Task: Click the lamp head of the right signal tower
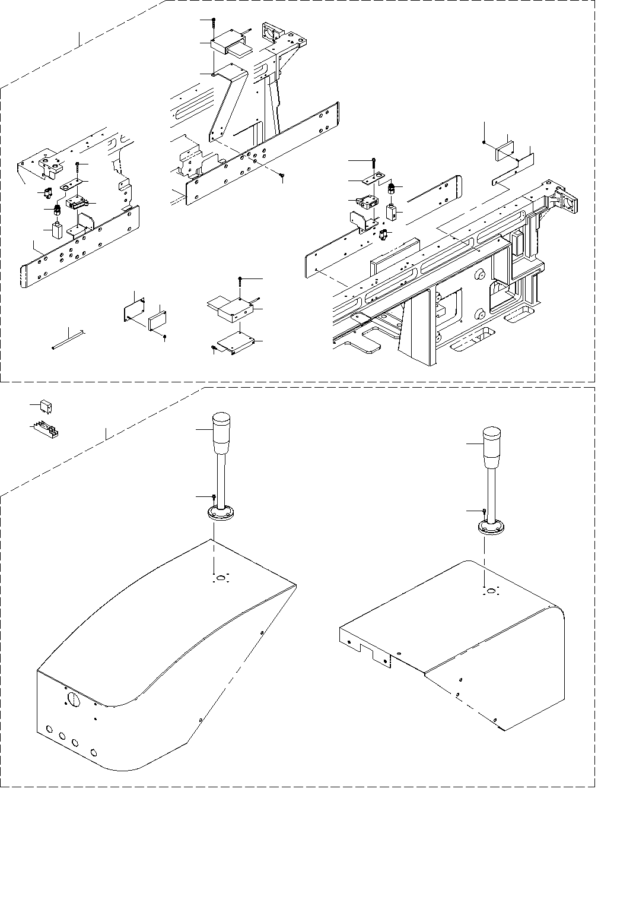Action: pos(492,446)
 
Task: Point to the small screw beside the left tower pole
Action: pos(214,496)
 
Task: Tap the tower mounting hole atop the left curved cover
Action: pos(221,578)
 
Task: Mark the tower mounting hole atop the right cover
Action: pos(491,591)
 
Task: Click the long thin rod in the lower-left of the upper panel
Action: pos(69,340)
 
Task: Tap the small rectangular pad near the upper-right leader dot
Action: pos(505,150)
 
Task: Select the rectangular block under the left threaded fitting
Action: pos(57,230)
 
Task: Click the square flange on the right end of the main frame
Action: pos(571,202)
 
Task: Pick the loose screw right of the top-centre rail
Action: pos(284,175)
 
